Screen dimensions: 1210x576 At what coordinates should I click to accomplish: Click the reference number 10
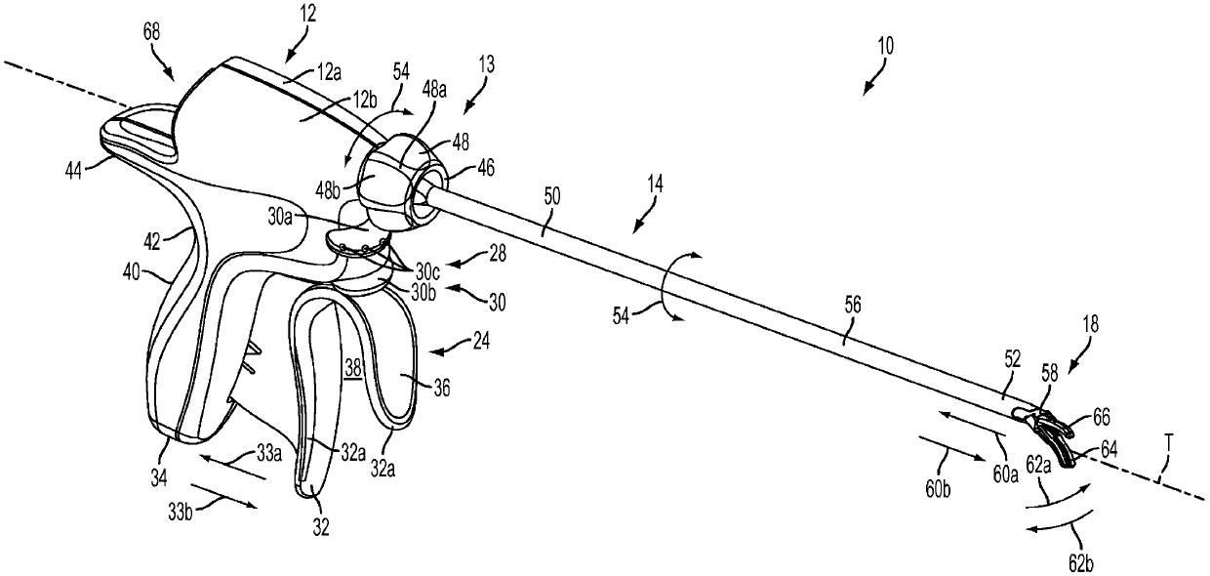[x=886, y=46]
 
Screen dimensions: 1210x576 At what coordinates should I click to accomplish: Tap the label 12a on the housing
[x=329, y=72]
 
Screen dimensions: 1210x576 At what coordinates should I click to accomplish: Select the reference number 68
[x=152, y=32]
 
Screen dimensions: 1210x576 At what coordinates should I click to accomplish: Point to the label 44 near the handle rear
[x=73, y=172]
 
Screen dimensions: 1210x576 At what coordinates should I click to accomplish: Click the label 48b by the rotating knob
[x=327, y=190]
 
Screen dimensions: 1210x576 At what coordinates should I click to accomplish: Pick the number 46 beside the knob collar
[x=486, y=168]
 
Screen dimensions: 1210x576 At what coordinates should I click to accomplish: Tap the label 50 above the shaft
[x=552, y=196]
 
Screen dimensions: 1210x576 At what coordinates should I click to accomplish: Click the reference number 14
[x=655, y=185]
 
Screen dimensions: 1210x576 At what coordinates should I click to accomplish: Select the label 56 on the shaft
[x=853, y=307]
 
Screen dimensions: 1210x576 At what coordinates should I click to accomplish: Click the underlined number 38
[x=353, y=369]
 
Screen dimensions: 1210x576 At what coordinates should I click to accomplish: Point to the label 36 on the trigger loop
[x=442, y=388]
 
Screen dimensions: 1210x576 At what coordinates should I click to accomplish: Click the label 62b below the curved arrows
[x=1079, y=564]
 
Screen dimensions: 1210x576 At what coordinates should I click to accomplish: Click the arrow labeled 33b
[x=223, y=496]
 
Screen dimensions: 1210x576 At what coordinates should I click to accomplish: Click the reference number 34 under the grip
[x=159, y=477]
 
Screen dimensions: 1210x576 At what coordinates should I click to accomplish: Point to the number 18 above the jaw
[x=1090, y=325]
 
